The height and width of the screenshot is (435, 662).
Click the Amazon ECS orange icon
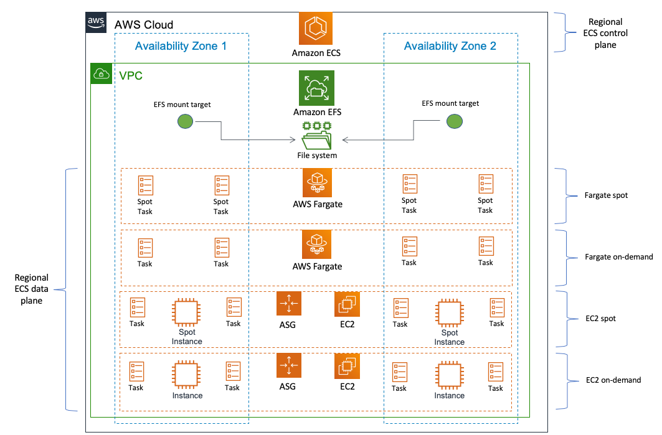click(316, 29)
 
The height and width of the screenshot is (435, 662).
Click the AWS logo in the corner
click(95, 22)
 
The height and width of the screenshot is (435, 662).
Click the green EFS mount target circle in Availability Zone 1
click(185, 121)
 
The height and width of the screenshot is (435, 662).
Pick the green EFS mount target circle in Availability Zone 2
click(454, 121)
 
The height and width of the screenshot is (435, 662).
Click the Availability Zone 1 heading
click(181, 46)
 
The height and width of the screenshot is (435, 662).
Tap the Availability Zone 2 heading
click(450, 46)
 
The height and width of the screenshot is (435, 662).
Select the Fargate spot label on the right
click(607, 195)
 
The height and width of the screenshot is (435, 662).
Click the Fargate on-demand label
click(619, 257)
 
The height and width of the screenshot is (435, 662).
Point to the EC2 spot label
click(601, 319)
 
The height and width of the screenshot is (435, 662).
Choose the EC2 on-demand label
click(613, 380)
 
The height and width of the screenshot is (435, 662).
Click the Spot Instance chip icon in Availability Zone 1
click(186, 312)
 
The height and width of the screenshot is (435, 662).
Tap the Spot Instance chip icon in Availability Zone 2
click(449, 313)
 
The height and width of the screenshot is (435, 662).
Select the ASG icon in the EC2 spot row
click(288, 304)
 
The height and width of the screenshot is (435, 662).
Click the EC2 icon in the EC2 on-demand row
click(347, 366)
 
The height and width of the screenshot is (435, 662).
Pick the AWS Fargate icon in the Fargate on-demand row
click(317, 245)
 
